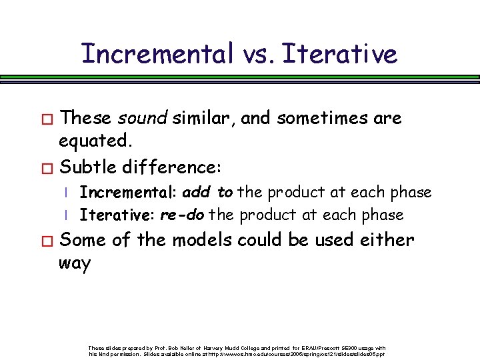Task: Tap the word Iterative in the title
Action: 339,53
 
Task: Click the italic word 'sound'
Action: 143,119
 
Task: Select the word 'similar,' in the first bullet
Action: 204,119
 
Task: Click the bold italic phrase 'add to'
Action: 207,193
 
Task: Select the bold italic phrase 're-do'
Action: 182,215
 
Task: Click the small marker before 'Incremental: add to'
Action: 67,193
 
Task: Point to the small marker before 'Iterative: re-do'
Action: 67,215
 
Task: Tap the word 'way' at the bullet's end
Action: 75,263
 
